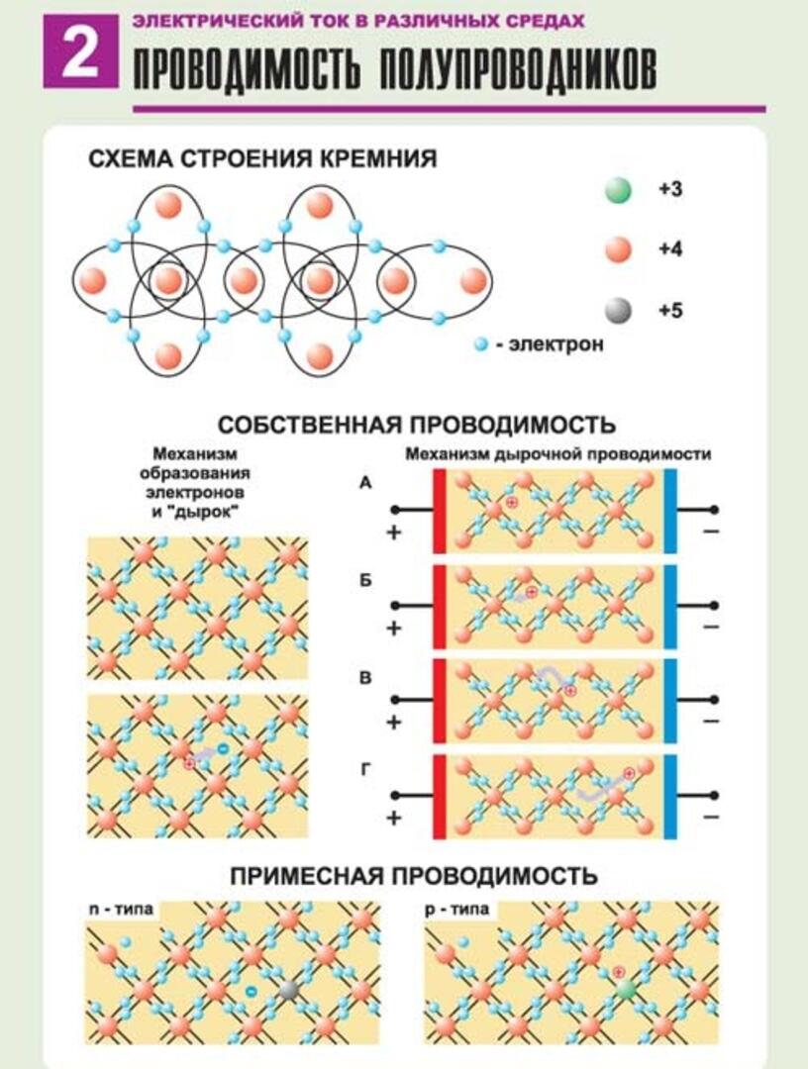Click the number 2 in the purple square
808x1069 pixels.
click(81, 53)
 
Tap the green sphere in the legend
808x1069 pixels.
click(618, 190)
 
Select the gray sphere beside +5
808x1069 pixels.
click(618, 311)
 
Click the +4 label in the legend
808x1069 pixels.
click(670, 248)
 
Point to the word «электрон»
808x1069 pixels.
click(555, 344)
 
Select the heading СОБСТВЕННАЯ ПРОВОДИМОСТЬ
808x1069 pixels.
click(417, 425)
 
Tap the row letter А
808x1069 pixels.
click(365, 483)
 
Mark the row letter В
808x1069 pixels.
click(365, 678)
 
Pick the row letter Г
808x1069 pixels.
click(365, 770)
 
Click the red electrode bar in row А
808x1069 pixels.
click(439, 511)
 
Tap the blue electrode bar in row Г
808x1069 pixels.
click(670, 796)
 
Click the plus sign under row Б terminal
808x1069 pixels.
click(393, 628)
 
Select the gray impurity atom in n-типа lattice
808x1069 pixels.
click(289, 991)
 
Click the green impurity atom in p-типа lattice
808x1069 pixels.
click(626, 990)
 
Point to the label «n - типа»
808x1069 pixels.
click(121, 910)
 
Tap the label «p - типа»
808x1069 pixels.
click(456, 910)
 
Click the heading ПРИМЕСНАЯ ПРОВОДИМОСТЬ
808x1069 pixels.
click(414, 876)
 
